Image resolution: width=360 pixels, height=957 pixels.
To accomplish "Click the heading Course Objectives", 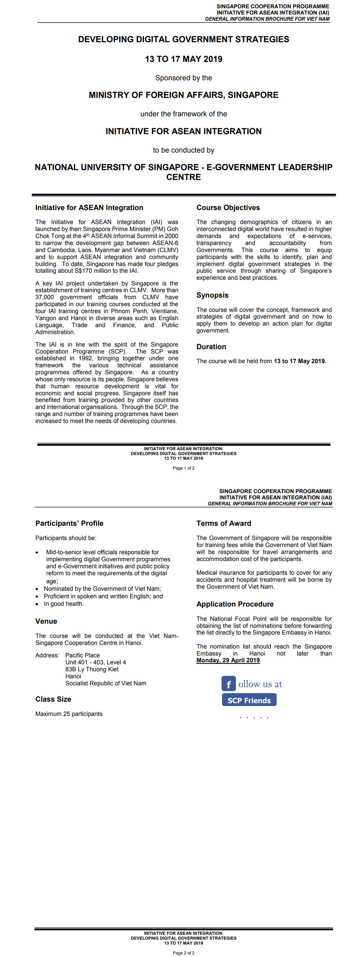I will point(228,208).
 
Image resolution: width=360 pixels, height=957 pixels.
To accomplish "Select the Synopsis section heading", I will point(212,295).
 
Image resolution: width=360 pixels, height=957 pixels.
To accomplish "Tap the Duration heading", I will point(211,347).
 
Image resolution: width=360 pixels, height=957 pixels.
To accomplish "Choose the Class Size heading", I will point(53,699).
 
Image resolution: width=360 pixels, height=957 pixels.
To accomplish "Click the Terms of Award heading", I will point(224,523).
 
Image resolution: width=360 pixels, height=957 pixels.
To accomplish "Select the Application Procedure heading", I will point(235,604).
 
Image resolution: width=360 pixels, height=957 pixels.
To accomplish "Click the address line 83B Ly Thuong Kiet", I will point(92,669).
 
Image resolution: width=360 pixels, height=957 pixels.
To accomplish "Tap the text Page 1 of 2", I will point(184,468).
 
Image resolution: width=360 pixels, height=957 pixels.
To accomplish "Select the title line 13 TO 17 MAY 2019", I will point(184,59).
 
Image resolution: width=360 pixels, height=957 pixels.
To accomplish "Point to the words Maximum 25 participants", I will point(69,714).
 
